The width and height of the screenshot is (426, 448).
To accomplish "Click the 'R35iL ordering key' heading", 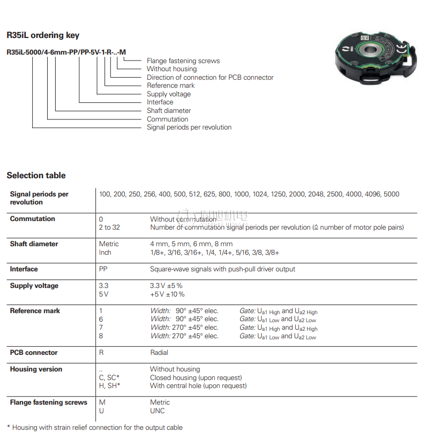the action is point(43,35).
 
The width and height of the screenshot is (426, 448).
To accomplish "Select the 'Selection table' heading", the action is point(36,175).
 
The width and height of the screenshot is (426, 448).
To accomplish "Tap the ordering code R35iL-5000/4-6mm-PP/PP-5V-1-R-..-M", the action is point(66,52).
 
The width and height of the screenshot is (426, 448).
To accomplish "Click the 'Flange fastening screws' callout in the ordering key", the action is point(183,61).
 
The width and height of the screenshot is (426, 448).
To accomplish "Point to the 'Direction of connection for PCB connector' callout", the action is point(210,78).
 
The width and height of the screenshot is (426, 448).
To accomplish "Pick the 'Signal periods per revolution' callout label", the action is point(189,127).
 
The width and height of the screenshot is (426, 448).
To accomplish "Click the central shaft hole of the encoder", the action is point(370,50).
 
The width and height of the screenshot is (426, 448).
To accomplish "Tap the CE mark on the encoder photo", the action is point(401,49).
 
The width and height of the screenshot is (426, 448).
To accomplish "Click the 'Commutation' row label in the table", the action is point(32,219).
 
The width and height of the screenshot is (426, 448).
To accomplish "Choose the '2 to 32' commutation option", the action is point(109,227).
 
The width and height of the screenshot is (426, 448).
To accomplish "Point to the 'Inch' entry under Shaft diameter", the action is point(105,253).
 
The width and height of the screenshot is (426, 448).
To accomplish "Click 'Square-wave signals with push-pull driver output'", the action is point(222,269).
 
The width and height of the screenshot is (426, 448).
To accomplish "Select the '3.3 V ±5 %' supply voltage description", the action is point(166,286).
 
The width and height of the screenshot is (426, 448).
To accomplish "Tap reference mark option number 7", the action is point(101,328).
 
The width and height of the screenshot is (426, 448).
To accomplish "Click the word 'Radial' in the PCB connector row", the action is point(159,353).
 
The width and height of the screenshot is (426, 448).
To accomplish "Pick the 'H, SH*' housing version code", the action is point(109,386).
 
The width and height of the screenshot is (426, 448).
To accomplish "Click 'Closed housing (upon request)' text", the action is point(196,378).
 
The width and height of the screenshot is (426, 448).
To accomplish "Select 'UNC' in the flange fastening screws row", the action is point(158,411).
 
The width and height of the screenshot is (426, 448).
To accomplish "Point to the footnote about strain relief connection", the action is point(95,428).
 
